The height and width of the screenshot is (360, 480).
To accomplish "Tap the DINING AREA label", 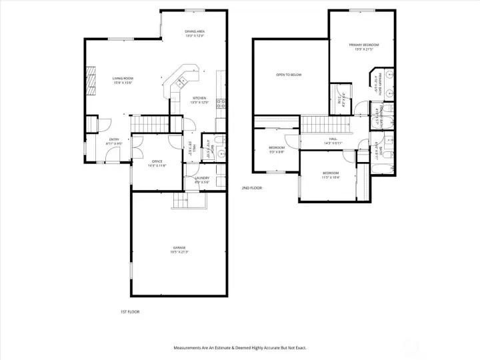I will pyautogui.click(x=195, y=31).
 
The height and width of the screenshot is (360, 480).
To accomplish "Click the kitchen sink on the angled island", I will pyautogui.click(x=180, y=81).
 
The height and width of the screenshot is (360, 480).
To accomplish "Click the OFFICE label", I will pyautogui.click(x=157, y=161).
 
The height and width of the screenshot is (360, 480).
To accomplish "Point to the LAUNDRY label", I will pyautogui.click(x=203, y=178).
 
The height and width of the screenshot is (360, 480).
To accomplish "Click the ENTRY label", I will pyautogui.click(x=114, y=139).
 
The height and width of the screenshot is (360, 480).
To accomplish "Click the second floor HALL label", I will pyautogui.click(x=332, y=139).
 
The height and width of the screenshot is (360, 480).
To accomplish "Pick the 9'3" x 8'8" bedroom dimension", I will pyautogui.click(x=277, y=152).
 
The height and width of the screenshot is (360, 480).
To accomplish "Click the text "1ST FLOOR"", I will pyautogui.click(x=130, y=311).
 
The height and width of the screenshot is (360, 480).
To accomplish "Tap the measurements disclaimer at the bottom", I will pyautogui.click(x=240, y=347).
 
